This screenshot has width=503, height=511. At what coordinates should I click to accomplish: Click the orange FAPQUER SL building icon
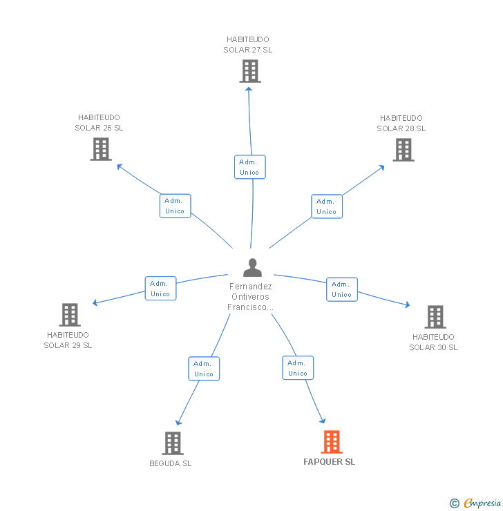pos(332,442)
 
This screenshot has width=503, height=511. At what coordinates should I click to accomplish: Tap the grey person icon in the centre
pos(252,267)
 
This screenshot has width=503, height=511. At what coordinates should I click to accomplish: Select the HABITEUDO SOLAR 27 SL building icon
pos(249,71)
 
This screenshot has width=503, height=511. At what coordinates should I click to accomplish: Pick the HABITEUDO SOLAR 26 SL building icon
pos(101,149)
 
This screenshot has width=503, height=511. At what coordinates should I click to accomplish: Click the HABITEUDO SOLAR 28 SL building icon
pos(404,149)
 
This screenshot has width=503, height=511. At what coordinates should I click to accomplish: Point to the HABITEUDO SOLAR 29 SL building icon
pos(70,315)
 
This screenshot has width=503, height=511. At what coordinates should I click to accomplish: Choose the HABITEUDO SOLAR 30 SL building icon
pos(435,317)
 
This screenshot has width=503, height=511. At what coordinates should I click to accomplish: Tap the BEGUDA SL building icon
pos(172,443)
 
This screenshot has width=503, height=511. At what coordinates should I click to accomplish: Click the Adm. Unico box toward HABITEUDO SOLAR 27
pos(249,167)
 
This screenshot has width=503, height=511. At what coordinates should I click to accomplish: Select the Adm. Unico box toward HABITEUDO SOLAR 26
pos(175,206)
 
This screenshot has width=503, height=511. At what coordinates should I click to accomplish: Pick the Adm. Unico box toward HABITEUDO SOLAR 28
pos(327,206)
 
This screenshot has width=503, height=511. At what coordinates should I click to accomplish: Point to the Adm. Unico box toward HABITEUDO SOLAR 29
pos(160,289)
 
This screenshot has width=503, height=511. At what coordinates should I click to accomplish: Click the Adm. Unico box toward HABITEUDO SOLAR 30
pos(341,289)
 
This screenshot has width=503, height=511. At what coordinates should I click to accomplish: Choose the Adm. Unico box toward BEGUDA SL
pos(204,369)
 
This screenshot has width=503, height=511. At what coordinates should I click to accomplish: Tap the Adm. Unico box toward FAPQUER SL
pos(298,368)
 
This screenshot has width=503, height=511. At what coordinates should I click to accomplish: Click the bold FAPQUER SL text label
pos(329,462)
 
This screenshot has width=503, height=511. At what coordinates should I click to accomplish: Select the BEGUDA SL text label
pos(171,463)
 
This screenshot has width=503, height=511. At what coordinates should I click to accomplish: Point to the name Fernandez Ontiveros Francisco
pos(251,297)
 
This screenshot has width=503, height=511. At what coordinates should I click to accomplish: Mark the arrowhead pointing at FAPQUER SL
pos(322,419)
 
